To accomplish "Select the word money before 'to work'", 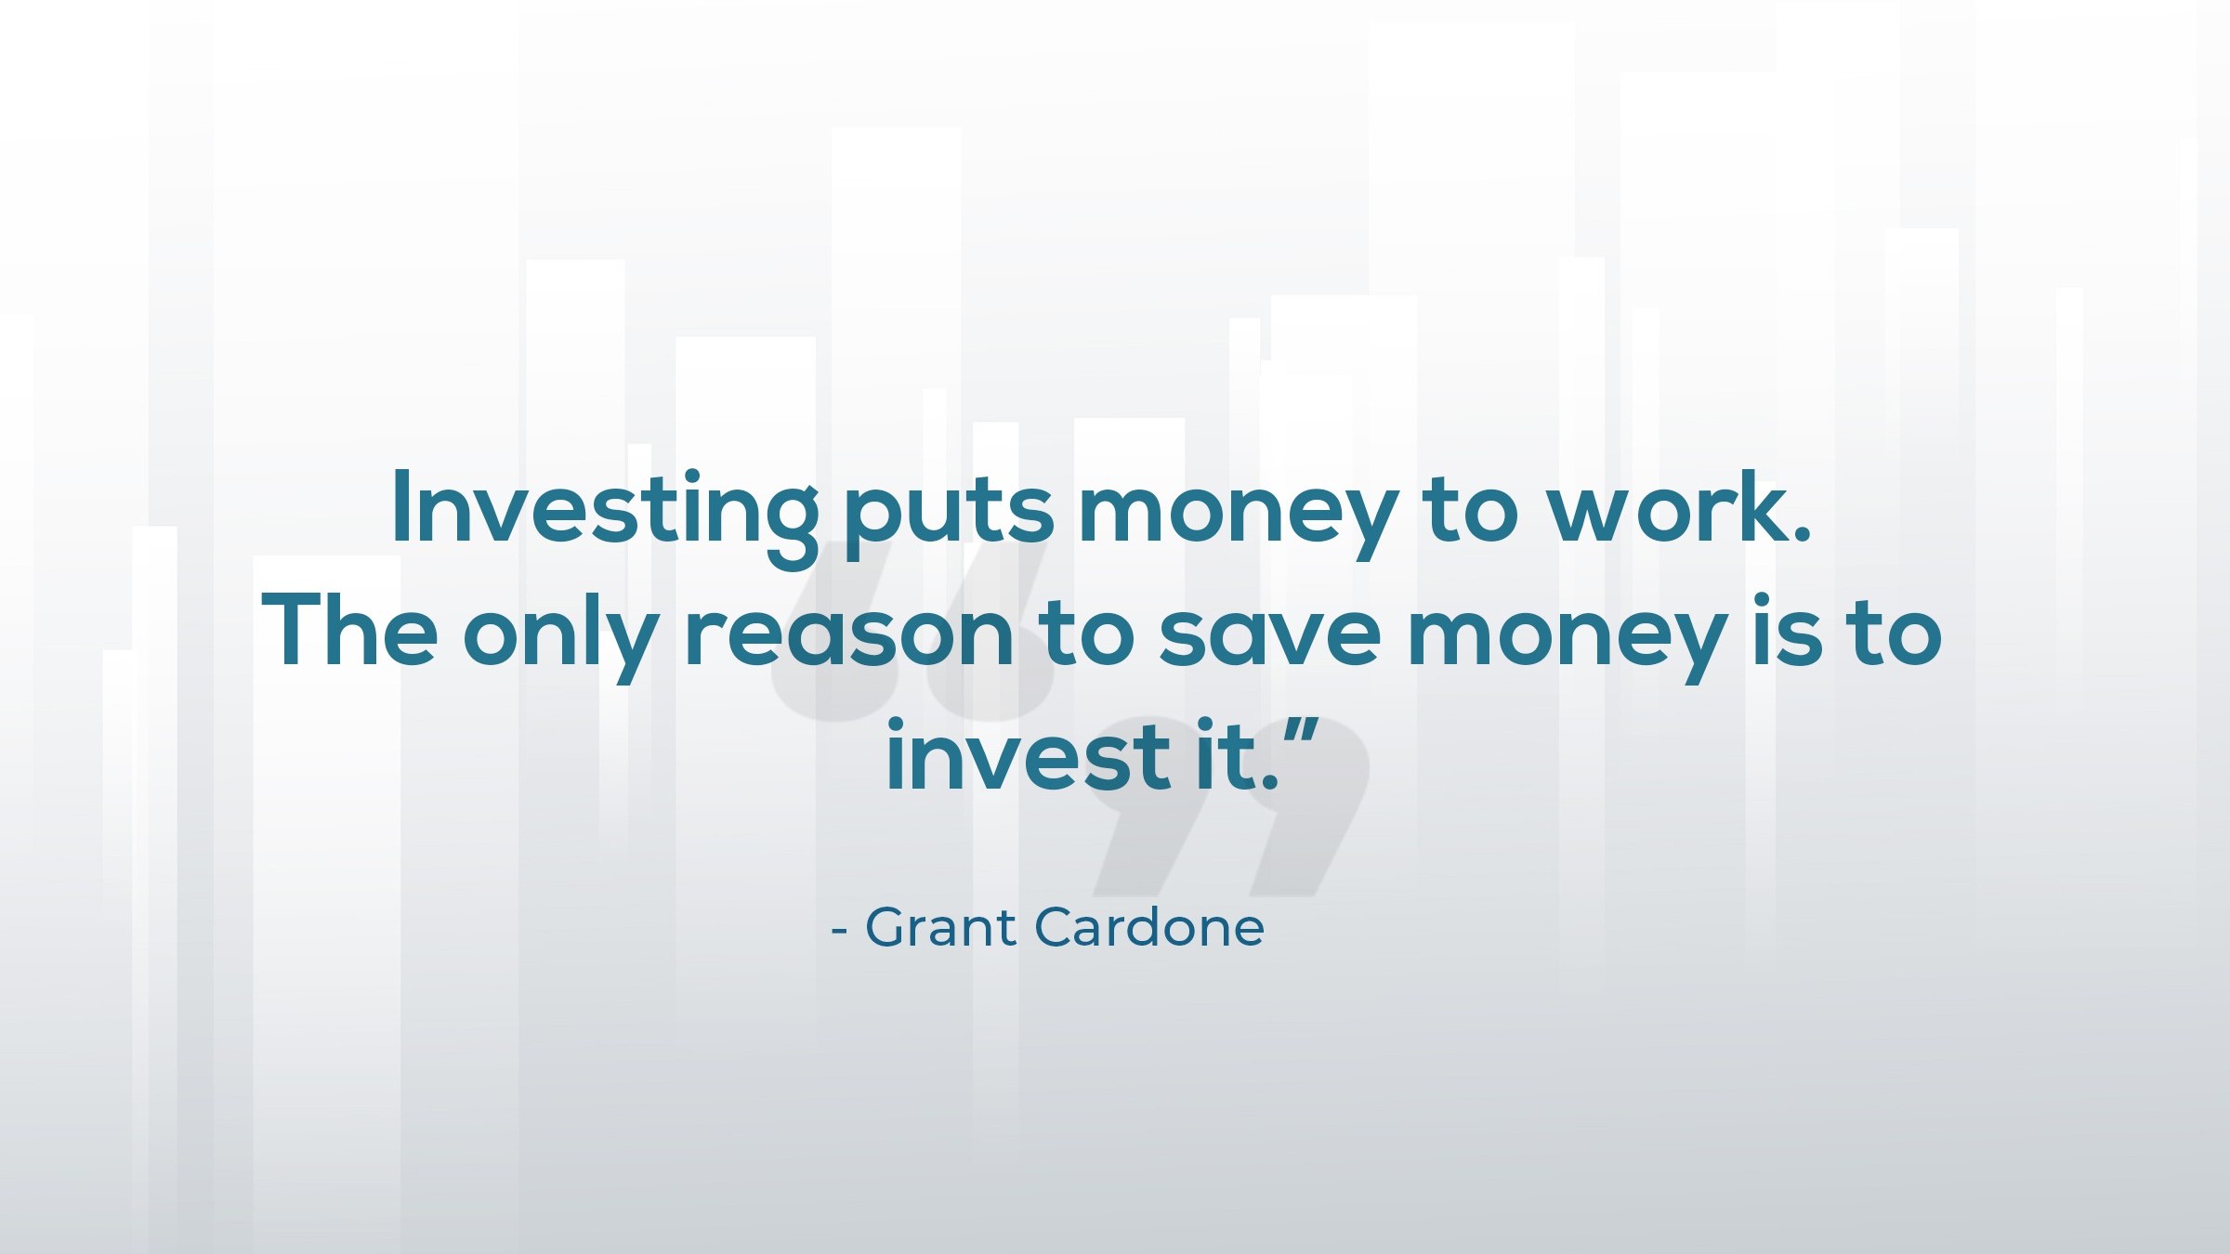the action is click(x=1237, y=520).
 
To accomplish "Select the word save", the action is click(x=1269, y=635).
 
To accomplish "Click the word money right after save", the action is click(x=1567, y=642).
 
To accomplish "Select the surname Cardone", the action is click(x=1148, y=926).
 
